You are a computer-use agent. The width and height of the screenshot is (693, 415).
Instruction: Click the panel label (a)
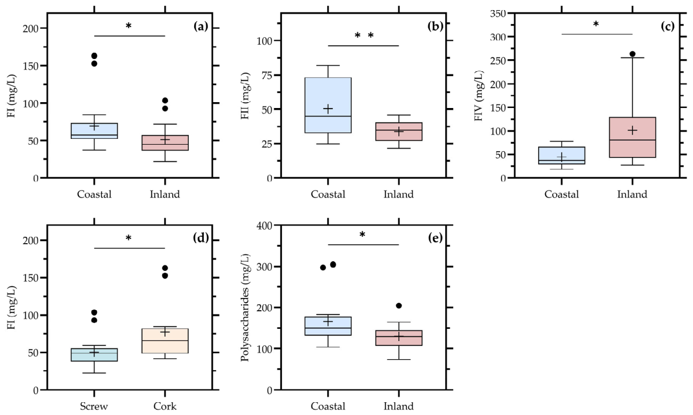tap(201, 27)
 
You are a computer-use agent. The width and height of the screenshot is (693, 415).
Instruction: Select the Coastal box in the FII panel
tap(328, 105)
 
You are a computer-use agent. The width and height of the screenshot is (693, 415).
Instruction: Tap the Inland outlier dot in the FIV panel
tap(632, 54)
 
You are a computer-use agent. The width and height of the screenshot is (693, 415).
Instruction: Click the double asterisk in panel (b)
tap(364, 35)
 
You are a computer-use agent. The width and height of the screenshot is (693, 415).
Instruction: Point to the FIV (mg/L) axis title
tap(478, 96)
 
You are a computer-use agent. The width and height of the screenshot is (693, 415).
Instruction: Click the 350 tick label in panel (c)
tap(497, 13)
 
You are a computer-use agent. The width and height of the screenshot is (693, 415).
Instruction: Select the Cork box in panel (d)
tap(165, 341)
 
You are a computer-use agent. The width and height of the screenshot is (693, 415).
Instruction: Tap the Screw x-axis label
tap(94, 406)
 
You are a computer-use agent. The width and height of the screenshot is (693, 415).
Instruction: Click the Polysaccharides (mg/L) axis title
tap(245, 308)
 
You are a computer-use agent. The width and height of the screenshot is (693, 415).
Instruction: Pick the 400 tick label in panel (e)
tap(264, 225)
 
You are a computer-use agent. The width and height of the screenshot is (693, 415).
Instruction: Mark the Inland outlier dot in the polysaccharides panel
tap(399, 306)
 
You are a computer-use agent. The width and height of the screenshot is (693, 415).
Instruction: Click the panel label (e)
tap(435, 238)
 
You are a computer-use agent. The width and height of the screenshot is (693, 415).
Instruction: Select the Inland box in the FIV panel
tap(632, 137)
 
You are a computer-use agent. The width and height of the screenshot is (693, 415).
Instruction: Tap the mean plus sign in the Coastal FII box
tap(328, 109)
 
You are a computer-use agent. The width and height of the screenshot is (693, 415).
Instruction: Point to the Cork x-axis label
tap(165, 406)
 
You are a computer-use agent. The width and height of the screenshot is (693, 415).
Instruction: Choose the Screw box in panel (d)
tap(94, 355)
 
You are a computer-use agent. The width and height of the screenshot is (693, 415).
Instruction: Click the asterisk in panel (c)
tap(596, 24)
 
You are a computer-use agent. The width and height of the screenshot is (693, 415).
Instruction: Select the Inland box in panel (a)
tap(165, 143)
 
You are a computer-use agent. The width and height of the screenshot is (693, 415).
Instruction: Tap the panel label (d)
tap(201, 238)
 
